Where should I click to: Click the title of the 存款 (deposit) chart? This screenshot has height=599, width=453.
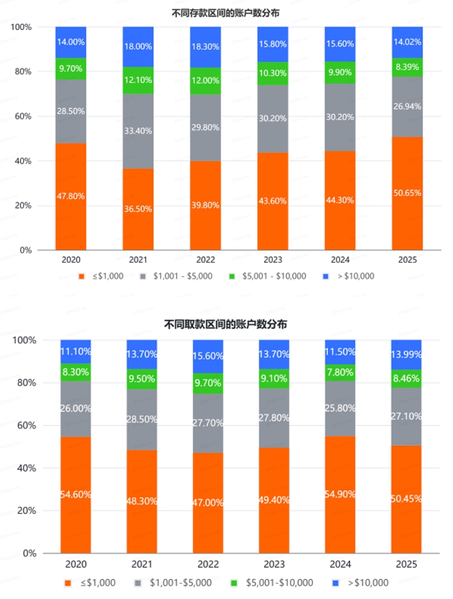(226, 12)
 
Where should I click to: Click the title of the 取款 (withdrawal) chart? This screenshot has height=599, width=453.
(226, 325)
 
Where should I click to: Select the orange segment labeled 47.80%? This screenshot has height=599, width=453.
(71, 197)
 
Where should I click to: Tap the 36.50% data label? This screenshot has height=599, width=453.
(138, 209)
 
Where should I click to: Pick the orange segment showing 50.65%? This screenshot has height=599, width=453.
(407, 193)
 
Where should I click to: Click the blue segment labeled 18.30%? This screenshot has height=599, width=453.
(206, 47)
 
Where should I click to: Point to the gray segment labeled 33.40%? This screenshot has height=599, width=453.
(138, 131)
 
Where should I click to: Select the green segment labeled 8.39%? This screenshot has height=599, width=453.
(407, 67)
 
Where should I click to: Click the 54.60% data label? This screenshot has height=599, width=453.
(75, 495)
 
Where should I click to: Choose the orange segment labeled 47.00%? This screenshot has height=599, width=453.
(208, 503)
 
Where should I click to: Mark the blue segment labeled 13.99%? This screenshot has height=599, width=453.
(407, 354)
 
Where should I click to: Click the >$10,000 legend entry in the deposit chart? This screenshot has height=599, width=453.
(354, 276)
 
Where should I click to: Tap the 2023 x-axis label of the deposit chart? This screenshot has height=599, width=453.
(273, 260)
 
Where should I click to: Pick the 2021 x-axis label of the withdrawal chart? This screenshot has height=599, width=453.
(142, 564)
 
